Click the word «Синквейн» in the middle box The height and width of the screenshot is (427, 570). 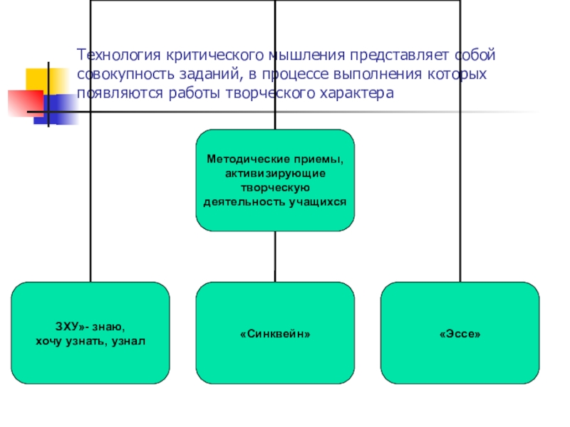(275, 333)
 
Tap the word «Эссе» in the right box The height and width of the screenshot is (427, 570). (460, 333)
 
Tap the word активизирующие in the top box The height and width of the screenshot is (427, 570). (275, 174)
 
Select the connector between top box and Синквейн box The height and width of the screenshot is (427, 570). (275, 256)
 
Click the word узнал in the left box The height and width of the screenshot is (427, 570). (129, 341)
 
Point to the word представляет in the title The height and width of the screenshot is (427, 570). (394, 55)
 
